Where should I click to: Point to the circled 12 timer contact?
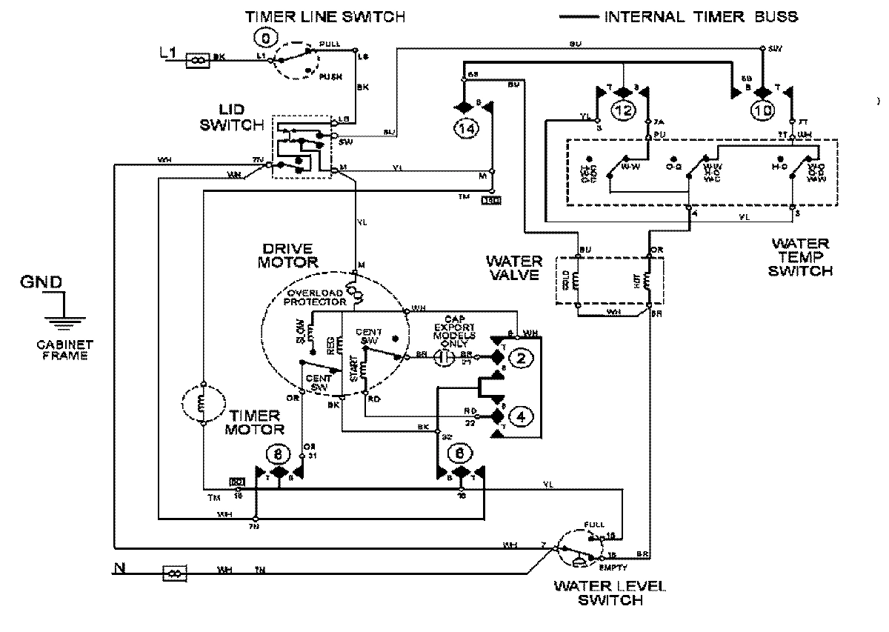[623, 110]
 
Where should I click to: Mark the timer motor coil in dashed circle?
[202, 405]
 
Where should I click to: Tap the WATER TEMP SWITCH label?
[800, 256]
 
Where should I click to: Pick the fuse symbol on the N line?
[175, 572]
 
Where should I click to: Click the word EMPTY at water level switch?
[615, 568]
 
